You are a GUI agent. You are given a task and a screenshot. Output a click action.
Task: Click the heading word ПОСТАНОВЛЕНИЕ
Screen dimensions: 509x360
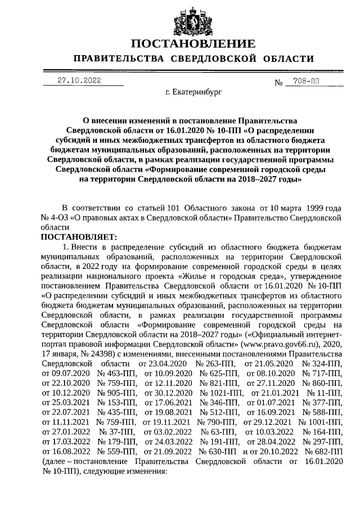[x=193, y=44]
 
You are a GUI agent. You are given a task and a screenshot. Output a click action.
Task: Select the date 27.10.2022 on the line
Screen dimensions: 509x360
[x=79, y=80]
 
